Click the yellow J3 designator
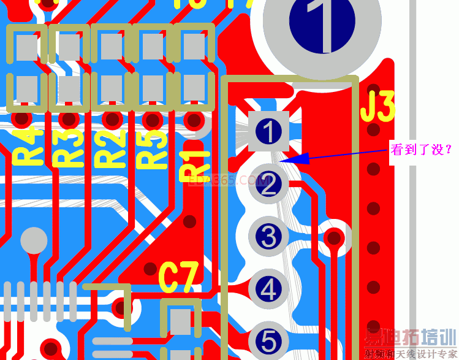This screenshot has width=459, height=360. pyautogui.click(x=377, y=107)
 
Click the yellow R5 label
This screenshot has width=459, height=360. pyautogui.click(x=153, y=148)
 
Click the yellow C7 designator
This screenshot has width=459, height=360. pyautogui.click(x=179, y=277)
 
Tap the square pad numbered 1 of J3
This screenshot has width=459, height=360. pyautogui.click(x=268, y=131)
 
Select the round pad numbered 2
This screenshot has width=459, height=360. pyautogui.click(x=268, y=184)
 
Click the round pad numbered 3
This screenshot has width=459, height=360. pyautogui.click(x=268, y=237)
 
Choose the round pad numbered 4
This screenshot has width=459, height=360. pyautogui.click(x=268, y=289)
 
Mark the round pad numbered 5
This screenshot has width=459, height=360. pyautogui.click(x=268, y=340)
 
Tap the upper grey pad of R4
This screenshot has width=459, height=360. pyautogui.click(x=26, y=47)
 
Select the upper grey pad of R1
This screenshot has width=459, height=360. pyautogui.click(x=194, y=47)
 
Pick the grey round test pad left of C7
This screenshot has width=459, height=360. pyautogui.click(x=34, y=240)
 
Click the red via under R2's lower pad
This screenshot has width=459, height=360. pyautogui.click(x=111, y=118)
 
